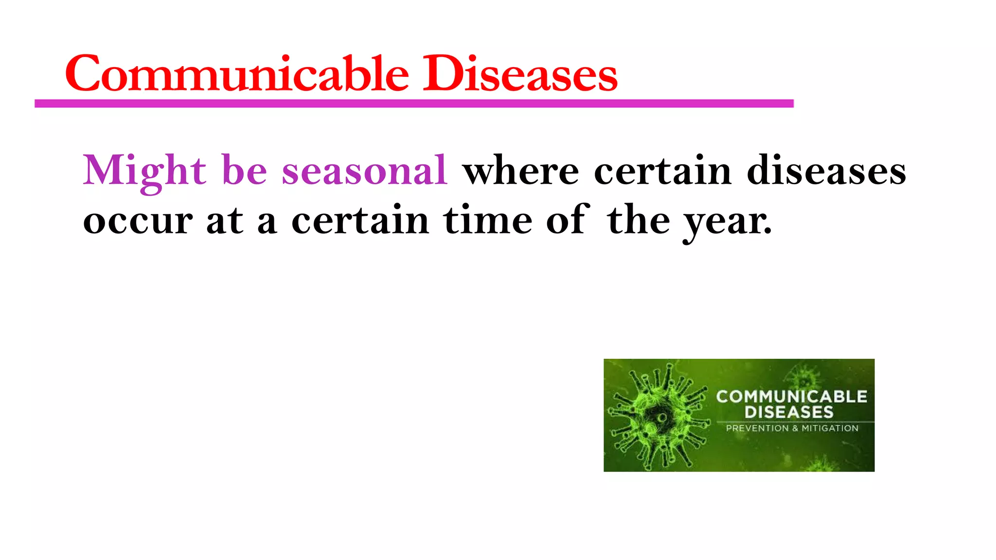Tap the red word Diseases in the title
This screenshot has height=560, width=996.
[520, 74]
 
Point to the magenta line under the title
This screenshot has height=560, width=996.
[413, 104]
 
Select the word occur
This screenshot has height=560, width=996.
[138, 221]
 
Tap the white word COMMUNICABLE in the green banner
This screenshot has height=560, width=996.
[791, 397]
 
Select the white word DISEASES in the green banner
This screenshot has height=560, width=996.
[789, 412]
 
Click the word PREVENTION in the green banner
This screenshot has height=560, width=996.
[757, 428]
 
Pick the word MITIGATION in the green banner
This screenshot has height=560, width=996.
[830, 428]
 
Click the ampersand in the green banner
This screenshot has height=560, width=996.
[795, 428]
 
